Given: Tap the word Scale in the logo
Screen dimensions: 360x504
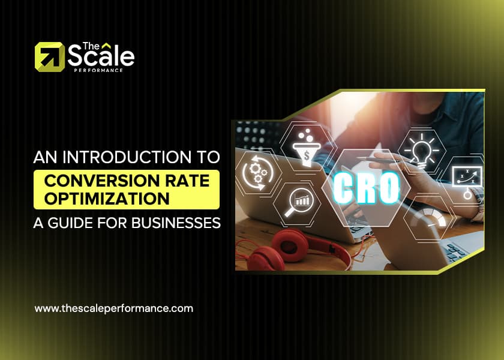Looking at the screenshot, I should tap(100, 56).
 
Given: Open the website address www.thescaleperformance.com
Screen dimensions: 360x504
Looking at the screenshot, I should tap(114, 308).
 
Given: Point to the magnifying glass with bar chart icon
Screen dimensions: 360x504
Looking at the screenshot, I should tap(299, 200).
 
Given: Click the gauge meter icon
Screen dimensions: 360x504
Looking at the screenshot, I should tap(431, 219).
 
